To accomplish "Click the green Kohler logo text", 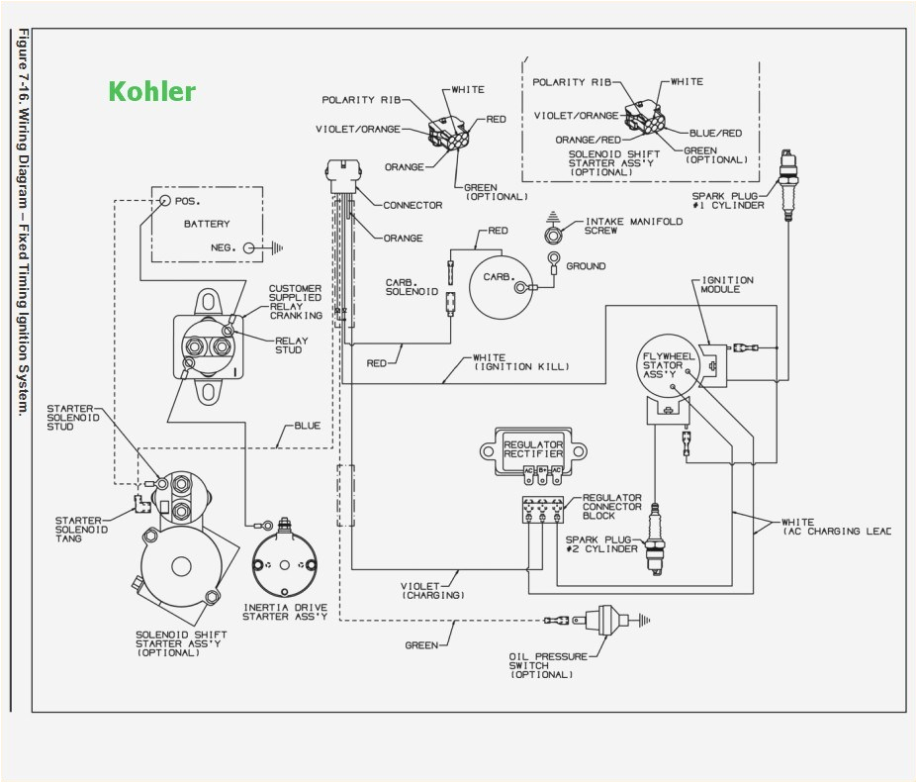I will pyautogui.click(x=151, y=92).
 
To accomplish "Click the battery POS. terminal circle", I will pyautogui.click(x=165, y=200).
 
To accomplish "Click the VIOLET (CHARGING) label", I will pyautogui.click(x=432, y=590).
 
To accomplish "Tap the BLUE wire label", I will pyautogui.click(x=307, y=426).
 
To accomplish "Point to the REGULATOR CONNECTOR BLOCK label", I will pyautogui.click(x=611, y=507).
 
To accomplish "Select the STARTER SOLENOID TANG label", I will pyautogui.click(x=84, y=526).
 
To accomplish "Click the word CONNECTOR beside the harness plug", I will pyautogui.click(x=413, y=205).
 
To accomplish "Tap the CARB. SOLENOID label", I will pyautogui.click(x=411, y=288).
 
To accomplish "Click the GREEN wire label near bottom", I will pyautogui.click(x=422, y=644).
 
